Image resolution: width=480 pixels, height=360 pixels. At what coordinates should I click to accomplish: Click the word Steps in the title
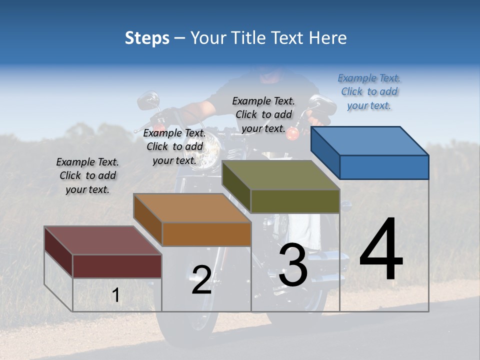147,38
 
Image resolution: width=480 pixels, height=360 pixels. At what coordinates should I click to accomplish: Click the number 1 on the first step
116,295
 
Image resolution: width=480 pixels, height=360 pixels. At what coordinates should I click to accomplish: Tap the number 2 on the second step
201,280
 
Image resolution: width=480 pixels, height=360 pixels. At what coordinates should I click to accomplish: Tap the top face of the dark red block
103,240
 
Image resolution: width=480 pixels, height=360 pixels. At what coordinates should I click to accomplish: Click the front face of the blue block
384,167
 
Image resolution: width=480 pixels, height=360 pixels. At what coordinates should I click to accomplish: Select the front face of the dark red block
117,266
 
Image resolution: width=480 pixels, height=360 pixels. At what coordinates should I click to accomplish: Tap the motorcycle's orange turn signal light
293,133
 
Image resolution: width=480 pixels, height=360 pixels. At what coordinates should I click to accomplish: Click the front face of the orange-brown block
206,234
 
